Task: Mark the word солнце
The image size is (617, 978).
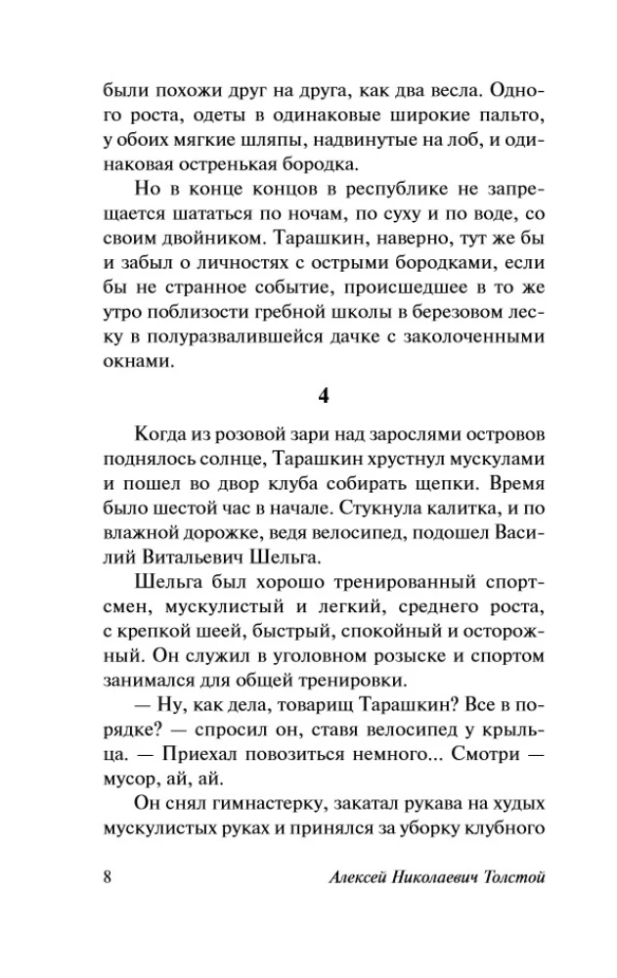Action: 231,458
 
